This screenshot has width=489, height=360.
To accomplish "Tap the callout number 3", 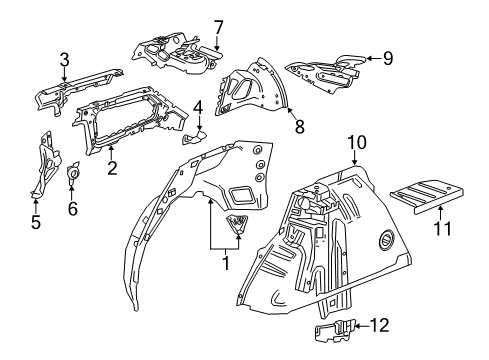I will (x=64, y=58).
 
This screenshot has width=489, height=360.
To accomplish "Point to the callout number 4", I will (x=198, y=106).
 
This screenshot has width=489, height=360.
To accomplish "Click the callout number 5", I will (x=36, y=222).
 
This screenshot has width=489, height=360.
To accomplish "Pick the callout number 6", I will (x=71, y=208).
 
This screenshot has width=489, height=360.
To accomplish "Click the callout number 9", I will (x=388, y=58).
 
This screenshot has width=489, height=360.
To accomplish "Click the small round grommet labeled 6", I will (x=72, y=177).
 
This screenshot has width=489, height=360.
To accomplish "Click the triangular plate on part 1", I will (x=240, y=224).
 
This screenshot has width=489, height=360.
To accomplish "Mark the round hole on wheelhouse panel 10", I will (x=386, y=240).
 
